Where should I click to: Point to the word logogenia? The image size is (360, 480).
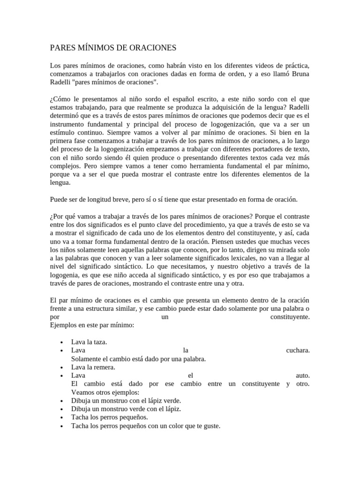pyautogui.click(x=65, y=275)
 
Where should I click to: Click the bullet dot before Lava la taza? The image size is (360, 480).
pyautogui.click(x=61, y=342)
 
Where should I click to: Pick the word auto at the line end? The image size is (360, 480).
pyautogui.click(x=303, y=375)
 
